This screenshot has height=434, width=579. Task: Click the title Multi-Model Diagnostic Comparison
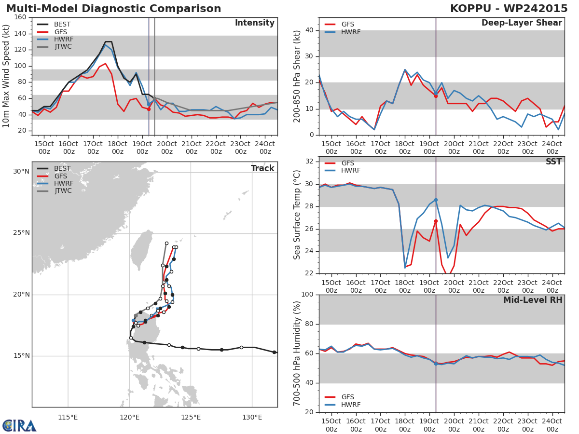tap(113, 9)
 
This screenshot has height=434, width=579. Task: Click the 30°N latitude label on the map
tap(21, 172)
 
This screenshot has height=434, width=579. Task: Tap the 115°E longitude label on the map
tap(68, 417)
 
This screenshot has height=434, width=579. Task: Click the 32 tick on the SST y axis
tap(309, 162)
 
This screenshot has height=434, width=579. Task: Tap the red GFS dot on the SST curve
tap(436, 221)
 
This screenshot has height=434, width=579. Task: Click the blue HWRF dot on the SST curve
tap(436, 200)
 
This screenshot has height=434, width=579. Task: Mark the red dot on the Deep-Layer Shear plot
tap(436, 96)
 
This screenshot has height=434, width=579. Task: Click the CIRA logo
tap(19, 426)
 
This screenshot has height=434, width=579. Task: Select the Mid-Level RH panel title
tap(532, 300)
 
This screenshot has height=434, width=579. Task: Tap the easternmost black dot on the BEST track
tap(274, 352)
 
